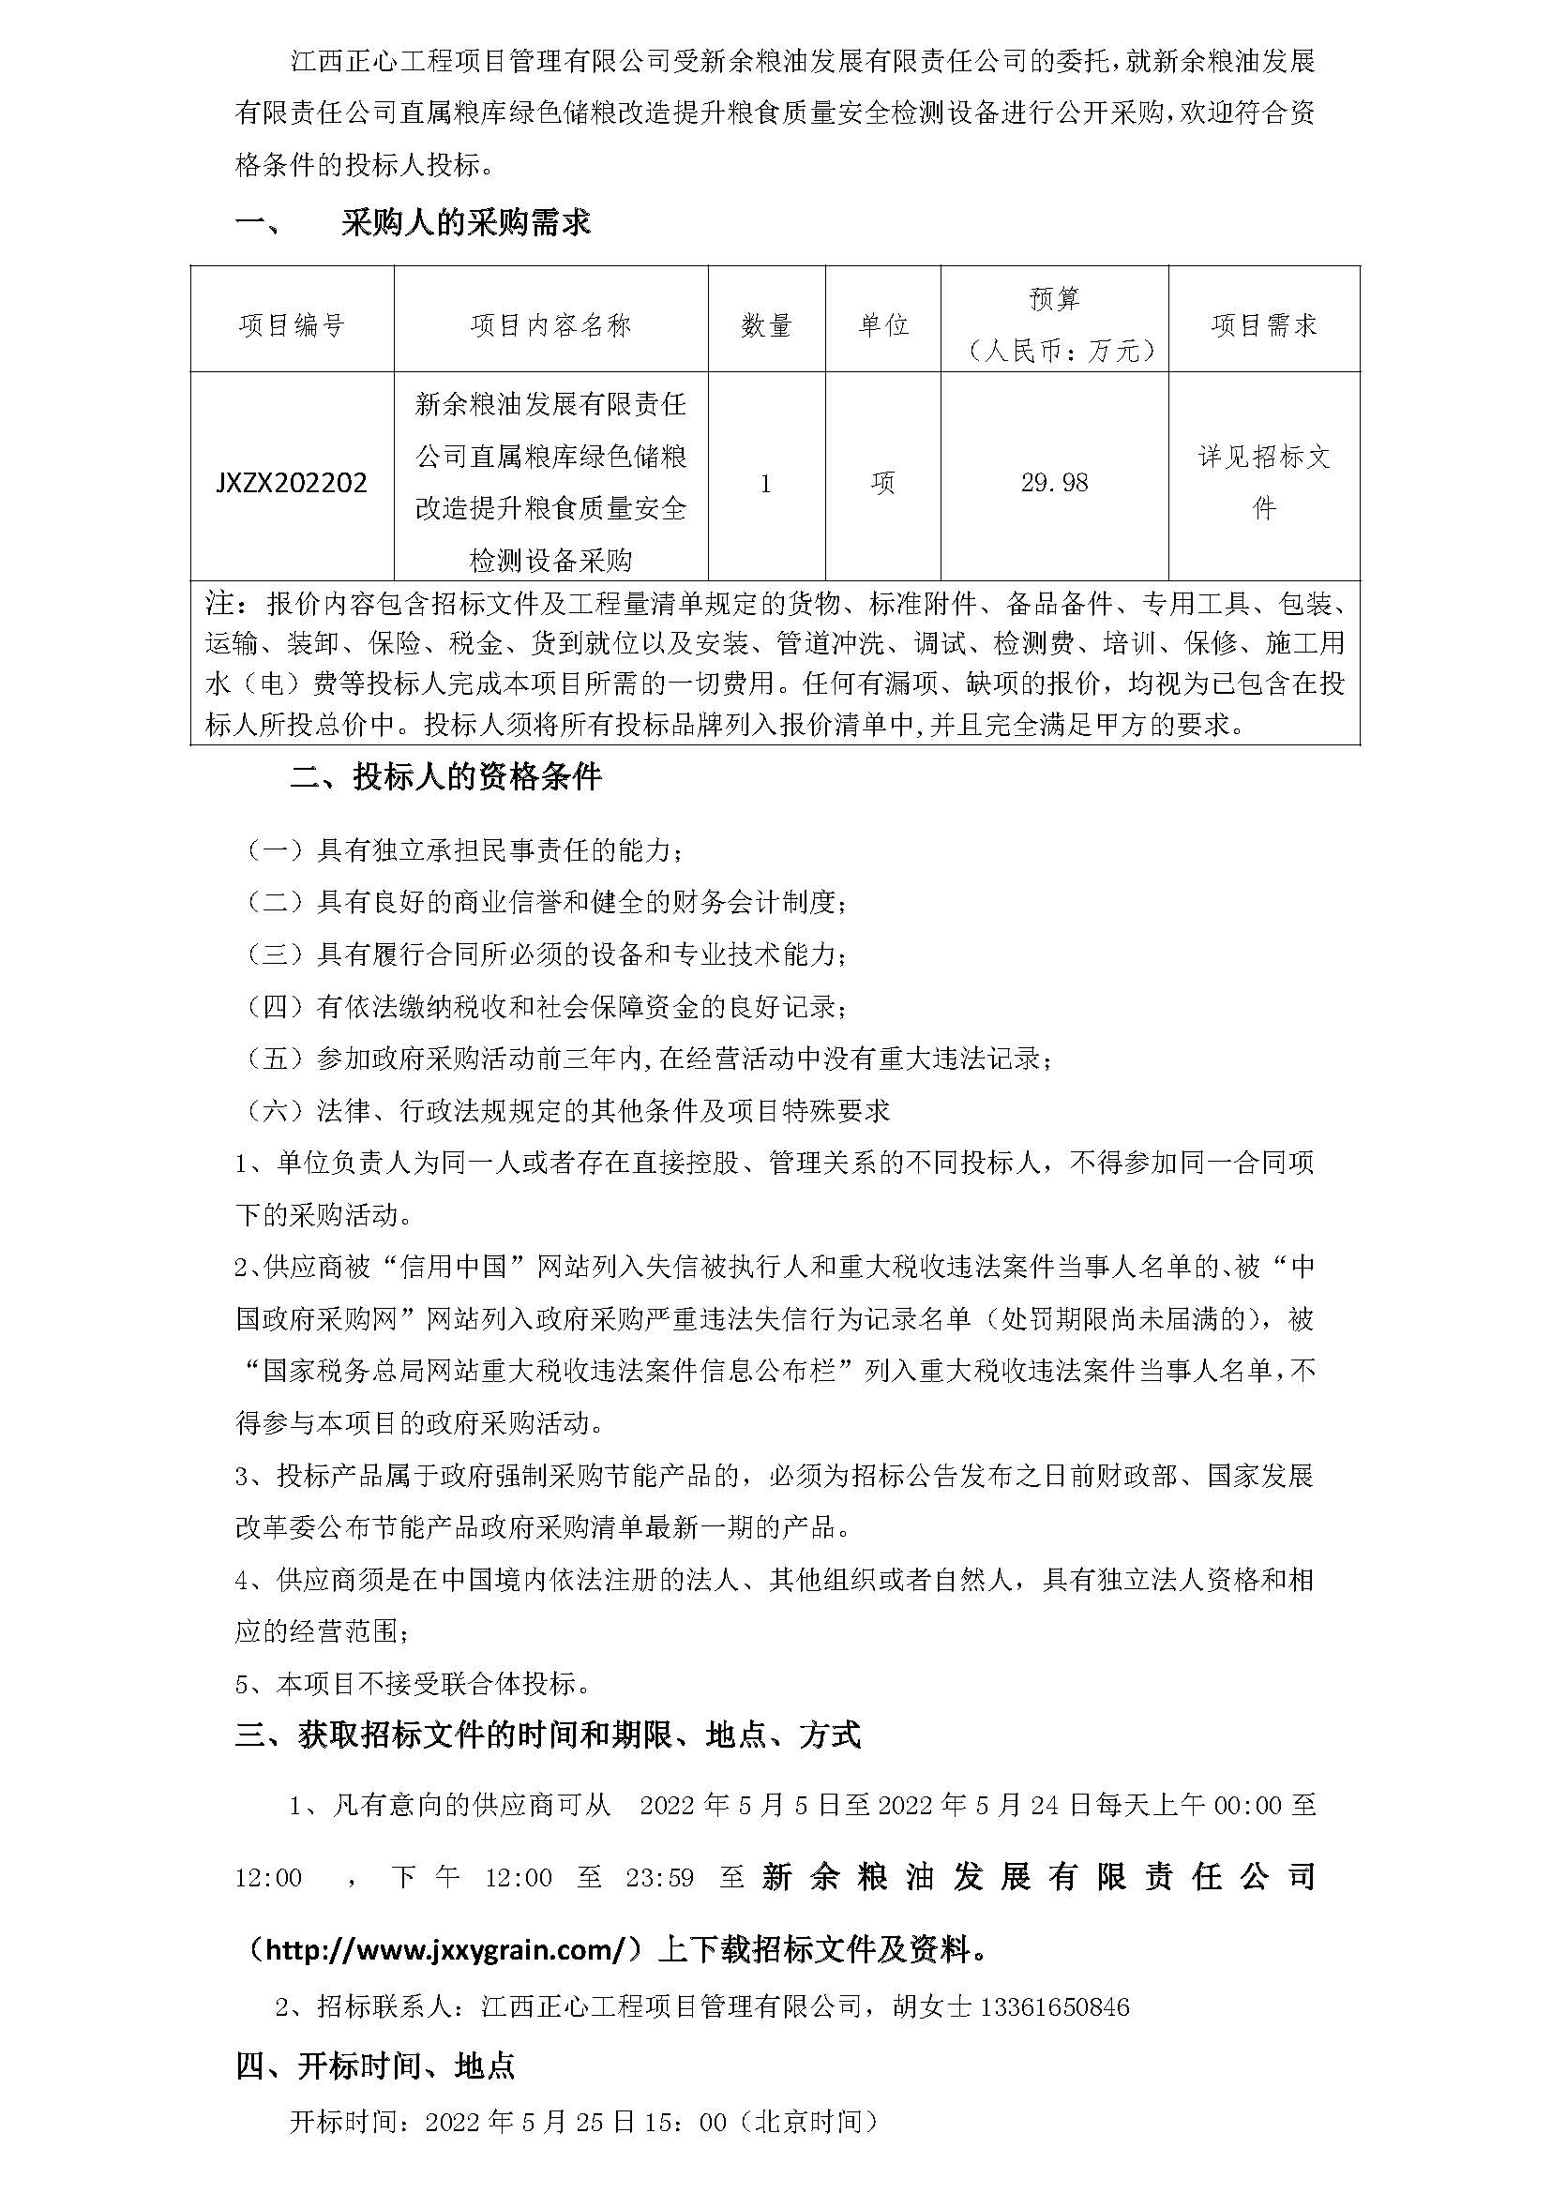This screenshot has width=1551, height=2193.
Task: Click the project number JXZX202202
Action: coord(292,482)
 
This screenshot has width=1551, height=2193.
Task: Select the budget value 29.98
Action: coord(1054,482)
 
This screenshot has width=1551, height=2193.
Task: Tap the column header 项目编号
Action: coord(292,325)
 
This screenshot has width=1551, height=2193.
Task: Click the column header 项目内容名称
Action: coord(551,325)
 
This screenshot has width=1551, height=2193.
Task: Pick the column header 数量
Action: coord(766,325)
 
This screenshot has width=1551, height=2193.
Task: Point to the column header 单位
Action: coord(883,325)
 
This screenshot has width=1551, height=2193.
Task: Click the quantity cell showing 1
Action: coord(766,483)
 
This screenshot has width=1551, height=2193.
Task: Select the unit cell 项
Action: coord(883,483)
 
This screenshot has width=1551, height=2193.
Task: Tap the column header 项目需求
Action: coord(1264,325)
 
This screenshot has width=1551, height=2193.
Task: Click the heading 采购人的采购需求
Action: coord(466,223)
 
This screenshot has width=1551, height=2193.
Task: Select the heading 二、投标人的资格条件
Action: coord(446,777)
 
